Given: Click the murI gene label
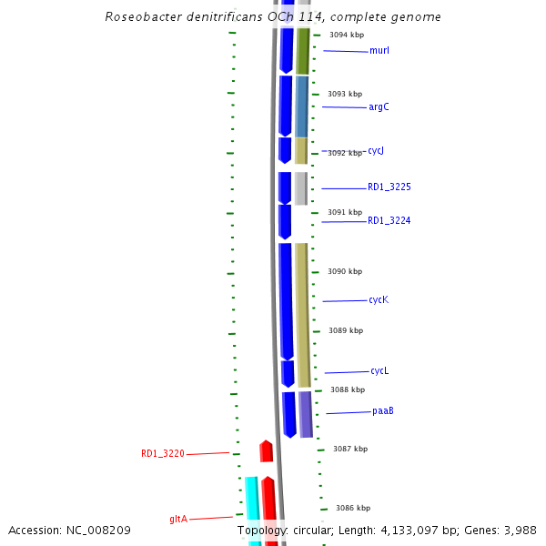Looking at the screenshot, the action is point(379,51).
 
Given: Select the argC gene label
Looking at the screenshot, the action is point(379,107).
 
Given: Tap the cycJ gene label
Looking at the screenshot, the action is point(376,151).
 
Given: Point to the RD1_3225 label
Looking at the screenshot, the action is point(389,187).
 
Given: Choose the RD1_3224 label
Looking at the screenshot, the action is point(389,221).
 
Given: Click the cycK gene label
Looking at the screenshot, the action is point(379,300).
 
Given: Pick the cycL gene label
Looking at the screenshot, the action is point(379,371).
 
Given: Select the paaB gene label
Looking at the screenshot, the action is point(382,411).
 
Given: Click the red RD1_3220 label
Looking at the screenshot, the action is point(163,453).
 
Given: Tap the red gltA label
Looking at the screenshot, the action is point(178,520).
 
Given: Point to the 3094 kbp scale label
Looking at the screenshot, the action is point(347,35).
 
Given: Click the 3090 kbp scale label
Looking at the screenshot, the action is point(345,271).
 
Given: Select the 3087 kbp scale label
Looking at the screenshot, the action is point(350,449).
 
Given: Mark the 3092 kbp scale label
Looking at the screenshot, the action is point(345,153).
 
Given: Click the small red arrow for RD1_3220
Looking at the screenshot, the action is point(267,451).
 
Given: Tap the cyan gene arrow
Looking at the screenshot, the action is point(252,510).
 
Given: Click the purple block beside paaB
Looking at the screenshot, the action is point(306,414).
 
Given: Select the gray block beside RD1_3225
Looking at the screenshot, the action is point(300,188).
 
